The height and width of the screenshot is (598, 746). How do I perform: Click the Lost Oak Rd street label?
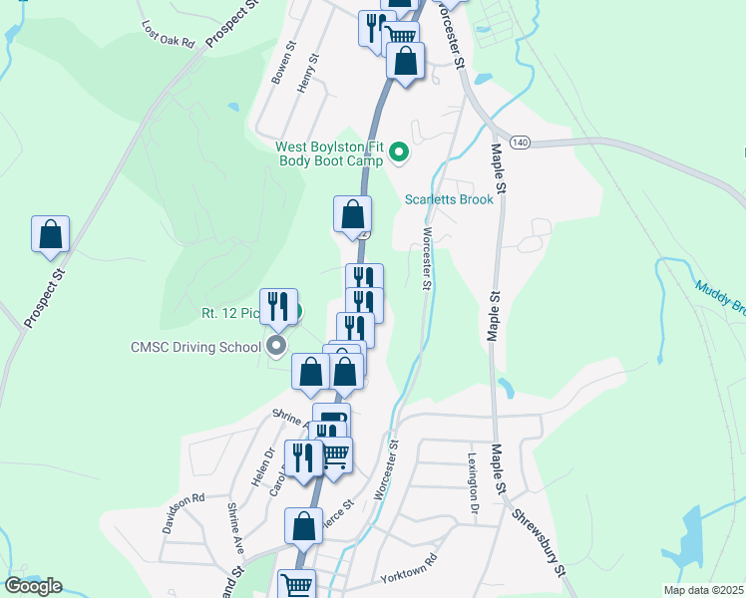click(168, 37)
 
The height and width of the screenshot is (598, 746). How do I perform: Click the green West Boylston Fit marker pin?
click(399, 152)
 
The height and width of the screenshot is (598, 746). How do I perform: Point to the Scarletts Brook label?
click(449, 199)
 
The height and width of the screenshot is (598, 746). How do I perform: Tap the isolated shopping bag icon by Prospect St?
click(50, 235)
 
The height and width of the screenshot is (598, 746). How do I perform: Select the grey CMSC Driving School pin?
click(276, 346)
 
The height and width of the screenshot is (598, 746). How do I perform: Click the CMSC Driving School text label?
click(195, 347)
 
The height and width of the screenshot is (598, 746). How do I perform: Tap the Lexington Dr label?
click(474, 483)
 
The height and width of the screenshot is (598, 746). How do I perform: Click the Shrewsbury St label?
click(541, 544)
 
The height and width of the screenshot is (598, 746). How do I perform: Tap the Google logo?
click(33, 586)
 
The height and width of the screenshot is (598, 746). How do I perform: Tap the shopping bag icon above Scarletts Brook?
click(352, 213)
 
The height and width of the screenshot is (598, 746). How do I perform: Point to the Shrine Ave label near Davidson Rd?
click(235, 529)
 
